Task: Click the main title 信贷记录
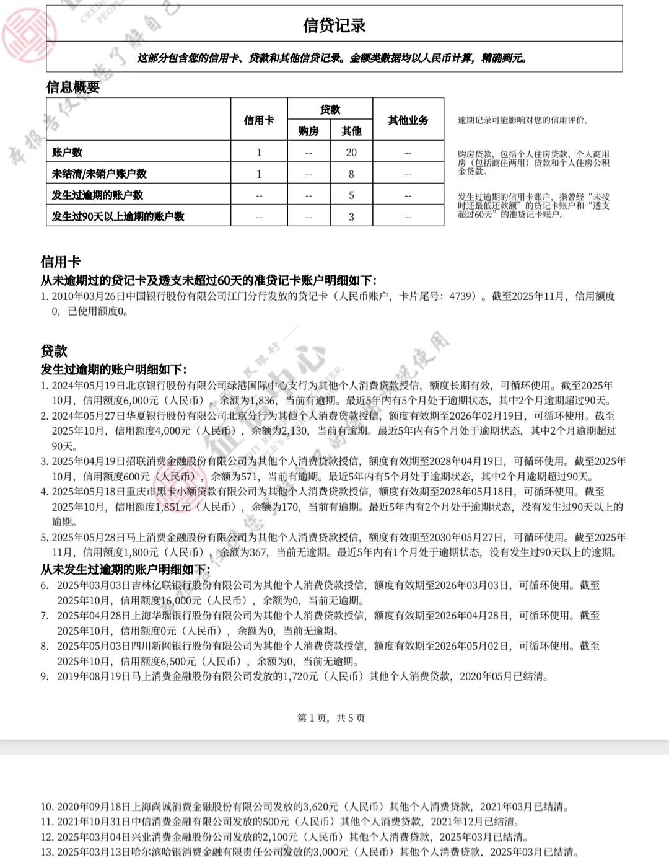point(334,25)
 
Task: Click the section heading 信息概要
point(73,87)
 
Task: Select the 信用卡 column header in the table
point(259,120)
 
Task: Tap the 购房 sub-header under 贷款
point(308,131)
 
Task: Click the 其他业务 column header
point(408,120)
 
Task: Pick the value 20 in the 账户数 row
point(351,153)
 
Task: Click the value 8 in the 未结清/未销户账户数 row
point(351,174)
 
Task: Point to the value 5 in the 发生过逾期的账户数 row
point(351,195)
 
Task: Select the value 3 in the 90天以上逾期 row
point(351,217)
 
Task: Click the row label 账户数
point(68,153)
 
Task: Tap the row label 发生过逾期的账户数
point(97,195)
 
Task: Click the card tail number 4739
point(461,296)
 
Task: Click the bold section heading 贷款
point(54,351)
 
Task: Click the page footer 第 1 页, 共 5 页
point(331,718)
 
